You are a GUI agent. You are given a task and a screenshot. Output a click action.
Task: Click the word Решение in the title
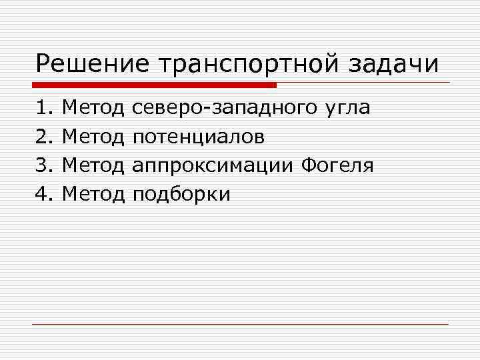pyautogui.click(x=92, y=65)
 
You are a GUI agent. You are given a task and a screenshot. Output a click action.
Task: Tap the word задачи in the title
pyautogui.click(x=397, y=65)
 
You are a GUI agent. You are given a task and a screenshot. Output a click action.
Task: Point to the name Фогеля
pyautogui.click(x=337, y=166)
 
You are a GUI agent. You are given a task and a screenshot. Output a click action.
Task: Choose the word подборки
pyautogui.click(x=181, y=195)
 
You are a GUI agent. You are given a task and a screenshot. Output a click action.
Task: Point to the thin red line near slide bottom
pyautogui.click(x=240, y=324)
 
